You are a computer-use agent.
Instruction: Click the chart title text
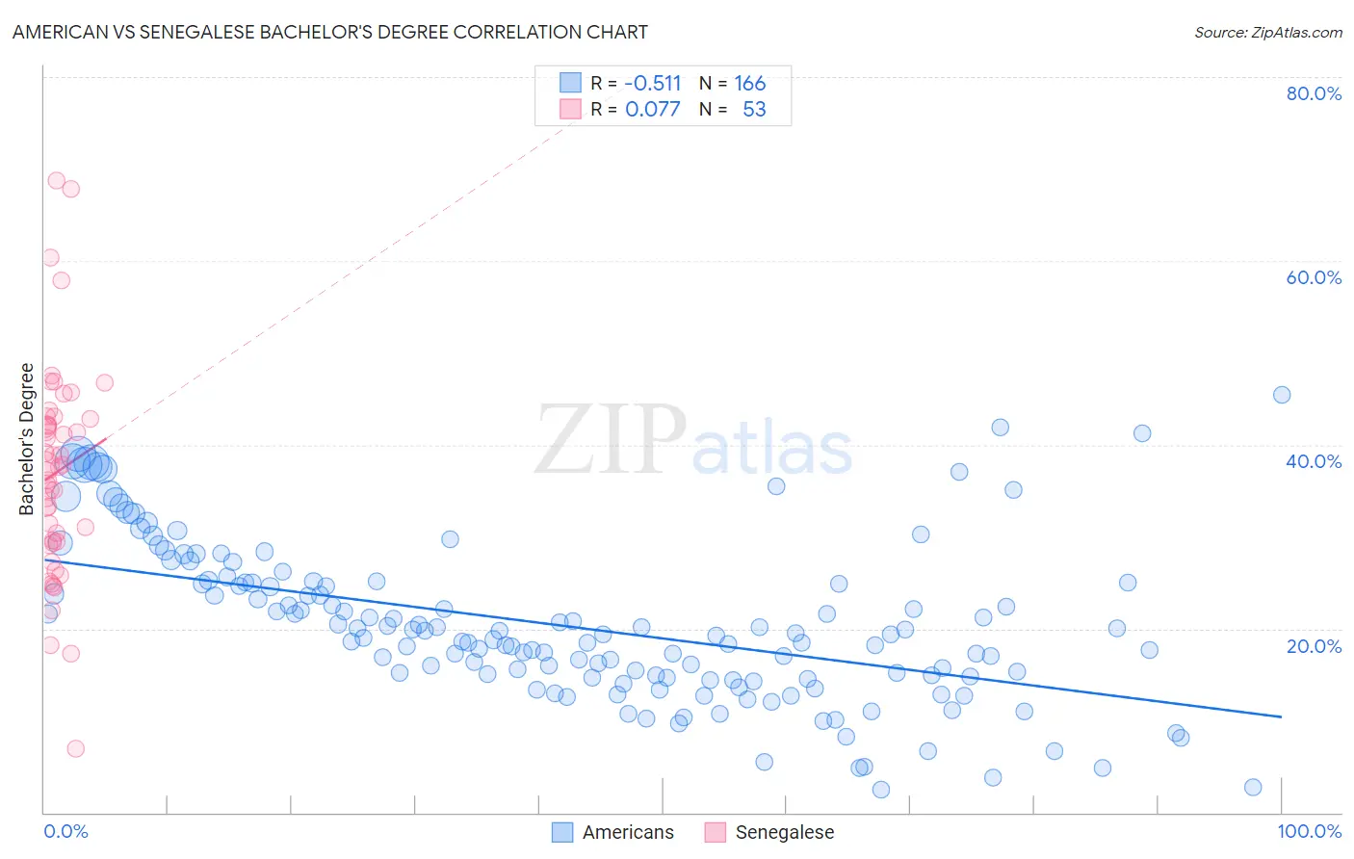tap(329, 32)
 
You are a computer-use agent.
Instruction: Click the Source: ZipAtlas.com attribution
tap(1267, 32)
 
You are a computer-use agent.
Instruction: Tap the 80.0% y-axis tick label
tap(1314, 93)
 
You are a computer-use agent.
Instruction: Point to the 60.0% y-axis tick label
tap(1314, 277)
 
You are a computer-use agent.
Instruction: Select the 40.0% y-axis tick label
tap(1314, 461)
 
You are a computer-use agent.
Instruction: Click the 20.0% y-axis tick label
tap(1314, 645)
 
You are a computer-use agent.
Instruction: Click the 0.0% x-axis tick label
tap(65, 831)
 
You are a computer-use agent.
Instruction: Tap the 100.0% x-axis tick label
tap(1309, 831)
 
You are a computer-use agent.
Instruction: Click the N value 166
tap(750, 84)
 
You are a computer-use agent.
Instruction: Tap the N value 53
tap(754, 110)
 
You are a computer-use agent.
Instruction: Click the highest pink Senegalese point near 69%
tap(56, 181)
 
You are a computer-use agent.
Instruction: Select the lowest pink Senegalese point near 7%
tap(75, 748)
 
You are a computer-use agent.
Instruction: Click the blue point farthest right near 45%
tap(1282, 395)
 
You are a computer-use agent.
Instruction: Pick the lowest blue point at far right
tap(1253, 787)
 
